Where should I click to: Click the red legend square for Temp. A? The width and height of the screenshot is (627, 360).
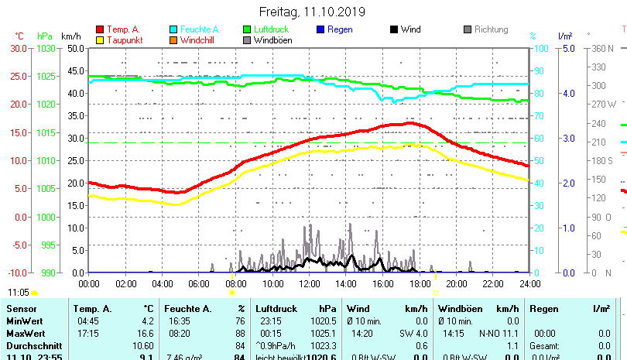(x=99, y=29)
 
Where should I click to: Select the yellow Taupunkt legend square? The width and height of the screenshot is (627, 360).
(x=99, y=39)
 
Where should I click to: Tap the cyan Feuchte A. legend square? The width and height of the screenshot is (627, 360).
(x=173, y=29)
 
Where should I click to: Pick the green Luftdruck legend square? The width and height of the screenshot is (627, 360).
(x=247, y=29)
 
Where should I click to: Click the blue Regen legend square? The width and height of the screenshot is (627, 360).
(x=321, y=29)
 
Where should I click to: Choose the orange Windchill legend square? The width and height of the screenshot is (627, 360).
(x=173, y=39)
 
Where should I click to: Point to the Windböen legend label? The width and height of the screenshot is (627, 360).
(x=272, y=39)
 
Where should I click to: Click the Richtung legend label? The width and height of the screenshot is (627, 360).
(x=491, y=29)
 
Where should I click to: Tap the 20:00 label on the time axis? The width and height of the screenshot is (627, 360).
(x=455, y=283)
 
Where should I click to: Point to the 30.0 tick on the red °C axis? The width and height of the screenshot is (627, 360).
(x=18, y=48)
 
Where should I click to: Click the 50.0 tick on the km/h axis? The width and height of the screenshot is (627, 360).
(x=74, y=48)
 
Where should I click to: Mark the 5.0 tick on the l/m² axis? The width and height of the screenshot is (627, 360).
(x=568, y=48)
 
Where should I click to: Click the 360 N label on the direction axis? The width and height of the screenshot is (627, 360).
(x=603, y=48)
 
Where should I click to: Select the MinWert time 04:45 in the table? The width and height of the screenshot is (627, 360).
(x=87, y=321)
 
